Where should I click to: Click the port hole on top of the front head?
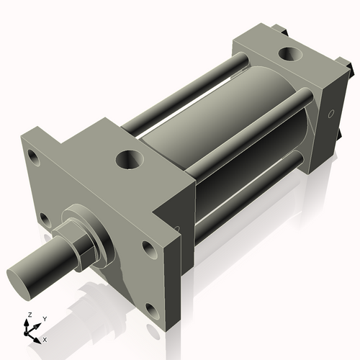coord(130,158)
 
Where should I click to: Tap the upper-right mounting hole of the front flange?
coord(148,249)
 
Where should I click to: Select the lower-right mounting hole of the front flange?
coord(152,312)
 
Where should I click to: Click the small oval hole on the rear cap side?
coord(331,114)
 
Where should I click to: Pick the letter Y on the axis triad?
coord(45,318)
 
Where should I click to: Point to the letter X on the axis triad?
coord(45,338)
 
